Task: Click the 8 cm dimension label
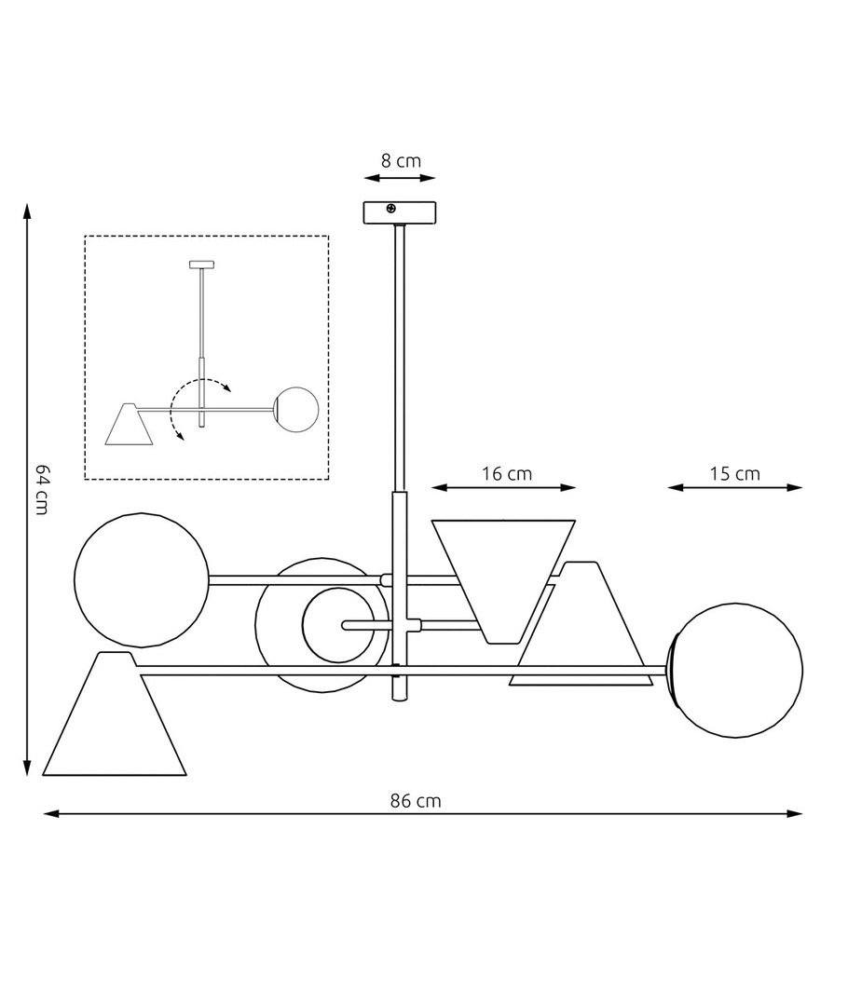401,160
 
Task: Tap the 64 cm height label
41,490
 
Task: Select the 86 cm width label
416,801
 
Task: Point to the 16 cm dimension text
507,473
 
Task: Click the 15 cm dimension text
734,473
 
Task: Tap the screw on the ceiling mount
391,209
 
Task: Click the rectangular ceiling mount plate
399,213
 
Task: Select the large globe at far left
142,579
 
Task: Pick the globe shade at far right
737,671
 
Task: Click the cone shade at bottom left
115,714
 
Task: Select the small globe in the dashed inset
296,409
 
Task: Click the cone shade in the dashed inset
130,424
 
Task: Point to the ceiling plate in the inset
201,265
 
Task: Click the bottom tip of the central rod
399,700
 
